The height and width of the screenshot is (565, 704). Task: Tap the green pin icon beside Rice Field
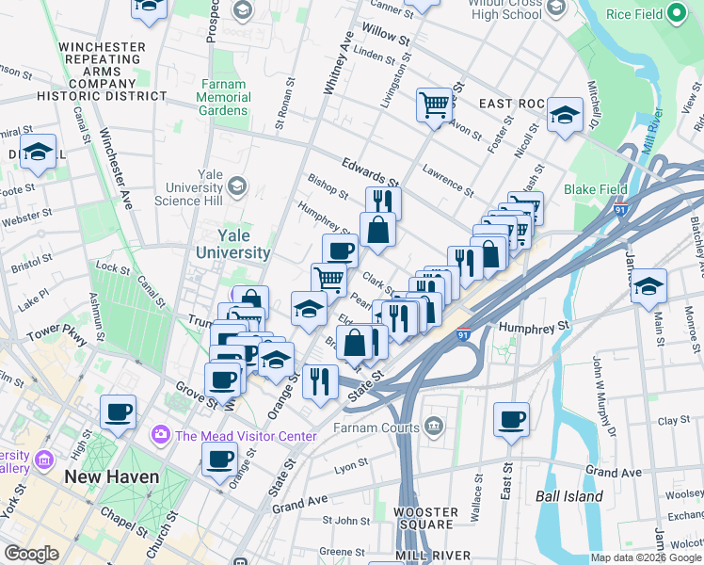(676, 15)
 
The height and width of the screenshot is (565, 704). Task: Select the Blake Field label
(594, 189)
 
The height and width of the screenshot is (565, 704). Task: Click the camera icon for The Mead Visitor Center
(159, 435)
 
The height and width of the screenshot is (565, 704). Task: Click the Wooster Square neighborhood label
(425, 520)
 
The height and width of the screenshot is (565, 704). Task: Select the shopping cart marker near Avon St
(433, 105)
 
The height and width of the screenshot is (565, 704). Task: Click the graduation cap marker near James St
(648, 285)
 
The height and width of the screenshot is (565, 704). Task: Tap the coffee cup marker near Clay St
(511, 420)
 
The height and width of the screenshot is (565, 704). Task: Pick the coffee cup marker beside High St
(119, 412)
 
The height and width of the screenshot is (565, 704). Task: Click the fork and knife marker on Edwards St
(383, 202)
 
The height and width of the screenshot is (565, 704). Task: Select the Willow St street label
(392, 41)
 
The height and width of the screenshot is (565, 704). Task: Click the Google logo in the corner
(31, 554)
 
